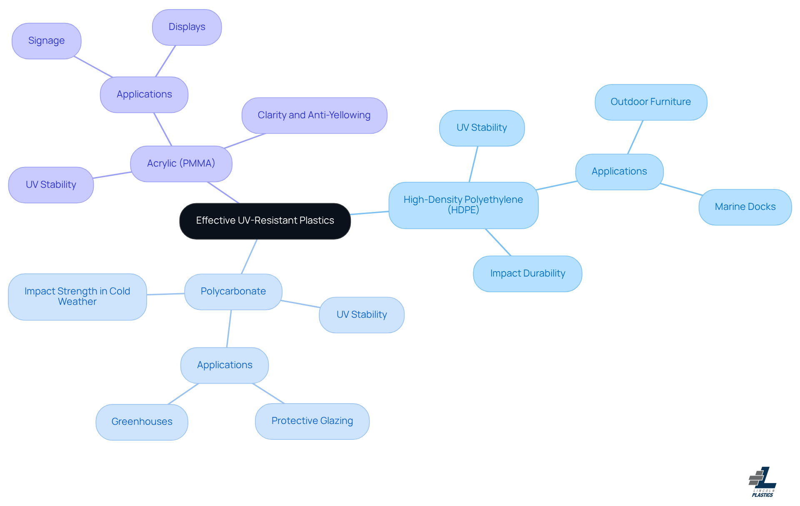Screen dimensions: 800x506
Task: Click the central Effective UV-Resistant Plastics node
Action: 265,221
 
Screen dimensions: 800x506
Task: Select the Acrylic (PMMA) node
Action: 181,164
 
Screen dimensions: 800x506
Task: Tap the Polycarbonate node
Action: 233,292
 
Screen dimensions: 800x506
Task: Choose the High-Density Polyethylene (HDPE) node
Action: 463,205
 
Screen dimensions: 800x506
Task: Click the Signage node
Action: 47,41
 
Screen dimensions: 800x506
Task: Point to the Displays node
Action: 187,27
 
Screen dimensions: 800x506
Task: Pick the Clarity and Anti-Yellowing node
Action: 315,115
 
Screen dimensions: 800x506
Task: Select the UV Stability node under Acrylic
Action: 51,185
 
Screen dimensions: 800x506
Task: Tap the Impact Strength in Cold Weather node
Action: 77,297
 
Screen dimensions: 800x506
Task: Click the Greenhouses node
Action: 142,422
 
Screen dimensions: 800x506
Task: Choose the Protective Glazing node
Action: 312,421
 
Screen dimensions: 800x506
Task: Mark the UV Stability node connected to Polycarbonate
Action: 362,315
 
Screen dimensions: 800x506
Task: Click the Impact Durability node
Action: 527,274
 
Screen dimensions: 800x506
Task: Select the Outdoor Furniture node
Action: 651,102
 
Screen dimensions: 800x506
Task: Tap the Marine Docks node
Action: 745,207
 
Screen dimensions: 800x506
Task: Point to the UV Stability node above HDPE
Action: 482,128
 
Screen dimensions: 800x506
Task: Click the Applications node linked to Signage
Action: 144,95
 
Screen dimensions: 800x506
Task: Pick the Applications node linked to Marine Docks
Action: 620,172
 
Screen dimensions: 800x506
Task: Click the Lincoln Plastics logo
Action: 762,482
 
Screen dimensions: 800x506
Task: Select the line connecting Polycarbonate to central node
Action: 249,257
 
